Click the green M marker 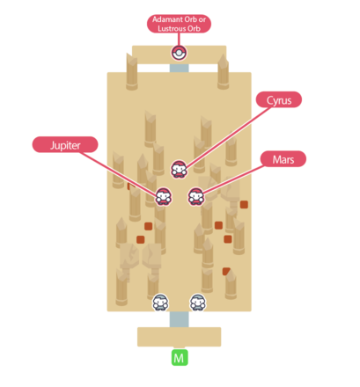(180, 358)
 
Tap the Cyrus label (279, 100)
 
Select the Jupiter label (63, 143)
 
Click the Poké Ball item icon (179, 53)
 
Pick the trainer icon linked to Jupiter (163, 196)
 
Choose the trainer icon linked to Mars (195, 196)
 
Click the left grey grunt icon (160, 303)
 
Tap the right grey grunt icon (198, 303)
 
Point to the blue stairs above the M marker (179, 318)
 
